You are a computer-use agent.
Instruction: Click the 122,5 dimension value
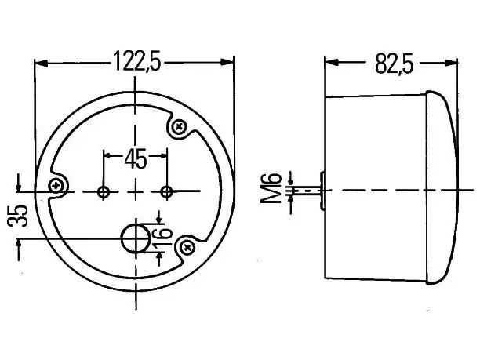click(136, 61)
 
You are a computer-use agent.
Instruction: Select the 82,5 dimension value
click(394, 64)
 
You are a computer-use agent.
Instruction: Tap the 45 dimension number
click(136, 159)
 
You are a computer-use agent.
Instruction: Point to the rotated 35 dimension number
click(17, 216)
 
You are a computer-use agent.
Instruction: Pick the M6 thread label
click(271, 188)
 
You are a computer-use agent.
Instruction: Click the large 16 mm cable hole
click(136, 238)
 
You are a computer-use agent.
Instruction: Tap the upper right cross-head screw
click(179, 126)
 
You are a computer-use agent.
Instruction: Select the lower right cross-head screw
click(187, 247)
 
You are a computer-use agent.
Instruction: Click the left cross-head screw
click(56, 185)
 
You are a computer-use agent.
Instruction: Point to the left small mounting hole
click(104, 192)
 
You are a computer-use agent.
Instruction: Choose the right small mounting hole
click(166, 192)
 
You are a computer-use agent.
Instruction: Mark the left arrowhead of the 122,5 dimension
click(42, 64)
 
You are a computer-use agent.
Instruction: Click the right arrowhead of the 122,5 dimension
click(226, 62)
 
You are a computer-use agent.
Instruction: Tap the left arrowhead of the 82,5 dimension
click(332, 62)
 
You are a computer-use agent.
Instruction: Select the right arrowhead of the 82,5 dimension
click(451, 64)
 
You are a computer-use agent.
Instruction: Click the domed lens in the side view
click(442, 187)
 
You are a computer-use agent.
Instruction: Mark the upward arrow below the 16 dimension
click(159, 260)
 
